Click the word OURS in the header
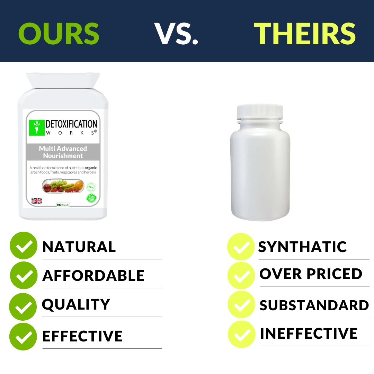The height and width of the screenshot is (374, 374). point(59,34)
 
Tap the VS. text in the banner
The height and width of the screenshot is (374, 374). point(176,34)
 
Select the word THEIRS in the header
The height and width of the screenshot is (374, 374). point(305,34)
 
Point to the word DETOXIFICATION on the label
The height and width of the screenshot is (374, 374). point(72,124)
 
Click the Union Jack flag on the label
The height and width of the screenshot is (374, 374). point(37,201)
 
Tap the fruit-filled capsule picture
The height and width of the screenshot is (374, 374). point(63,186)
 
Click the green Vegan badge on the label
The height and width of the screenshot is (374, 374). point(91,199)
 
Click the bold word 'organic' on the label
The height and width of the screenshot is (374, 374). point(91,168)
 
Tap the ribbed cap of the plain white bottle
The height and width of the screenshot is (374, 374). point(260,112)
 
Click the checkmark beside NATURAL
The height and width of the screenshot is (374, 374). point(24,246)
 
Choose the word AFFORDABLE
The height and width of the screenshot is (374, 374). point(93,275)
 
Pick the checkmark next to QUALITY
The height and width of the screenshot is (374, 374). point(23,306)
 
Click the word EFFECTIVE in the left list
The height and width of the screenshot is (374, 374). point(82,336)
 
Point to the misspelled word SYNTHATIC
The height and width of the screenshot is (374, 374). point(302,247)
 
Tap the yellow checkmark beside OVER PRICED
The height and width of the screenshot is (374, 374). point(241,276)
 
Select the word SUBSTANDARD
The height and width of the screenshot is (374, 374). point(314,305)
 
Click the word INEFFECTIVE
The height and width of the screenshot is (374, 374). point(309,333)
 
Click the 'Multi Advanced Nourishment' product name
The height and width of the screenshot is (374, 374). point(63,152)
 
